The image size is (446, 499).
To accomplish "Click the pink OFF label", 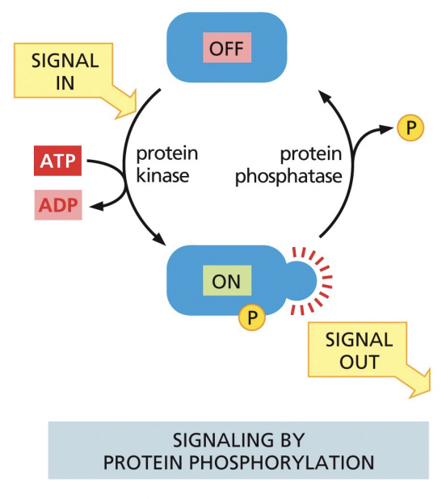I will click(x=227, y=49).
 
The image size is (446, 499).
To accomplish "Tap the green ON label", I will click(x=227, y=282).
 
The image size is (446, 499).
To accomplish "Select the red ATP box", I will click(x=57, y=161).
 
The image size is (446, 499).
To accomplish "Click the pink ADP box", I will click(x=57, y=206).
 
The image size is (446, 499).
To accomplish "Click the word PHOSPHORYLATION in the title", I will click(x=294, y=463).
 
